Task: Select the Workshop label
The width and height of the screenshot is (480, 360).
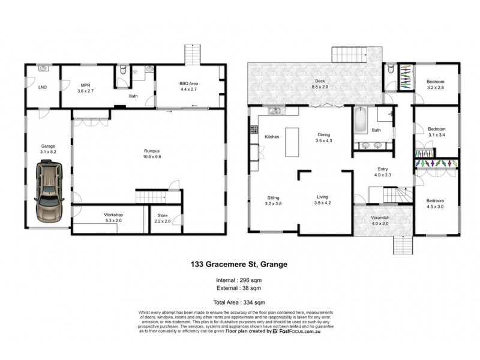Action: click(113, 214)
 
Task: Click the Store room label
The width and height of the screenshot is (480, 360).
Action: click(163, 215)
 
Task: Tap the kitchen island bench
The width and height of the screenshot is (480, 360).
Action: click(292, 142)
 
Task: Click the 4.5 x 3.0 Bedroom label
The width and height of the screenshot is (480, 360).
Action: click(435, 204)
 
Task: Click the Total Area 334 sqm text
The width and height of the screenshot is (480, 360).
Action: click(240, 302)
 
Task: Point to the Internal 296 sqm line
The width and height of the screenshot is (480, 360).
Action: click(240, 280)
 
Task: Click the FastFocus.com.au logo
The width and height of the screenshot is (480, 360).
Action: click(299, 331)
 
